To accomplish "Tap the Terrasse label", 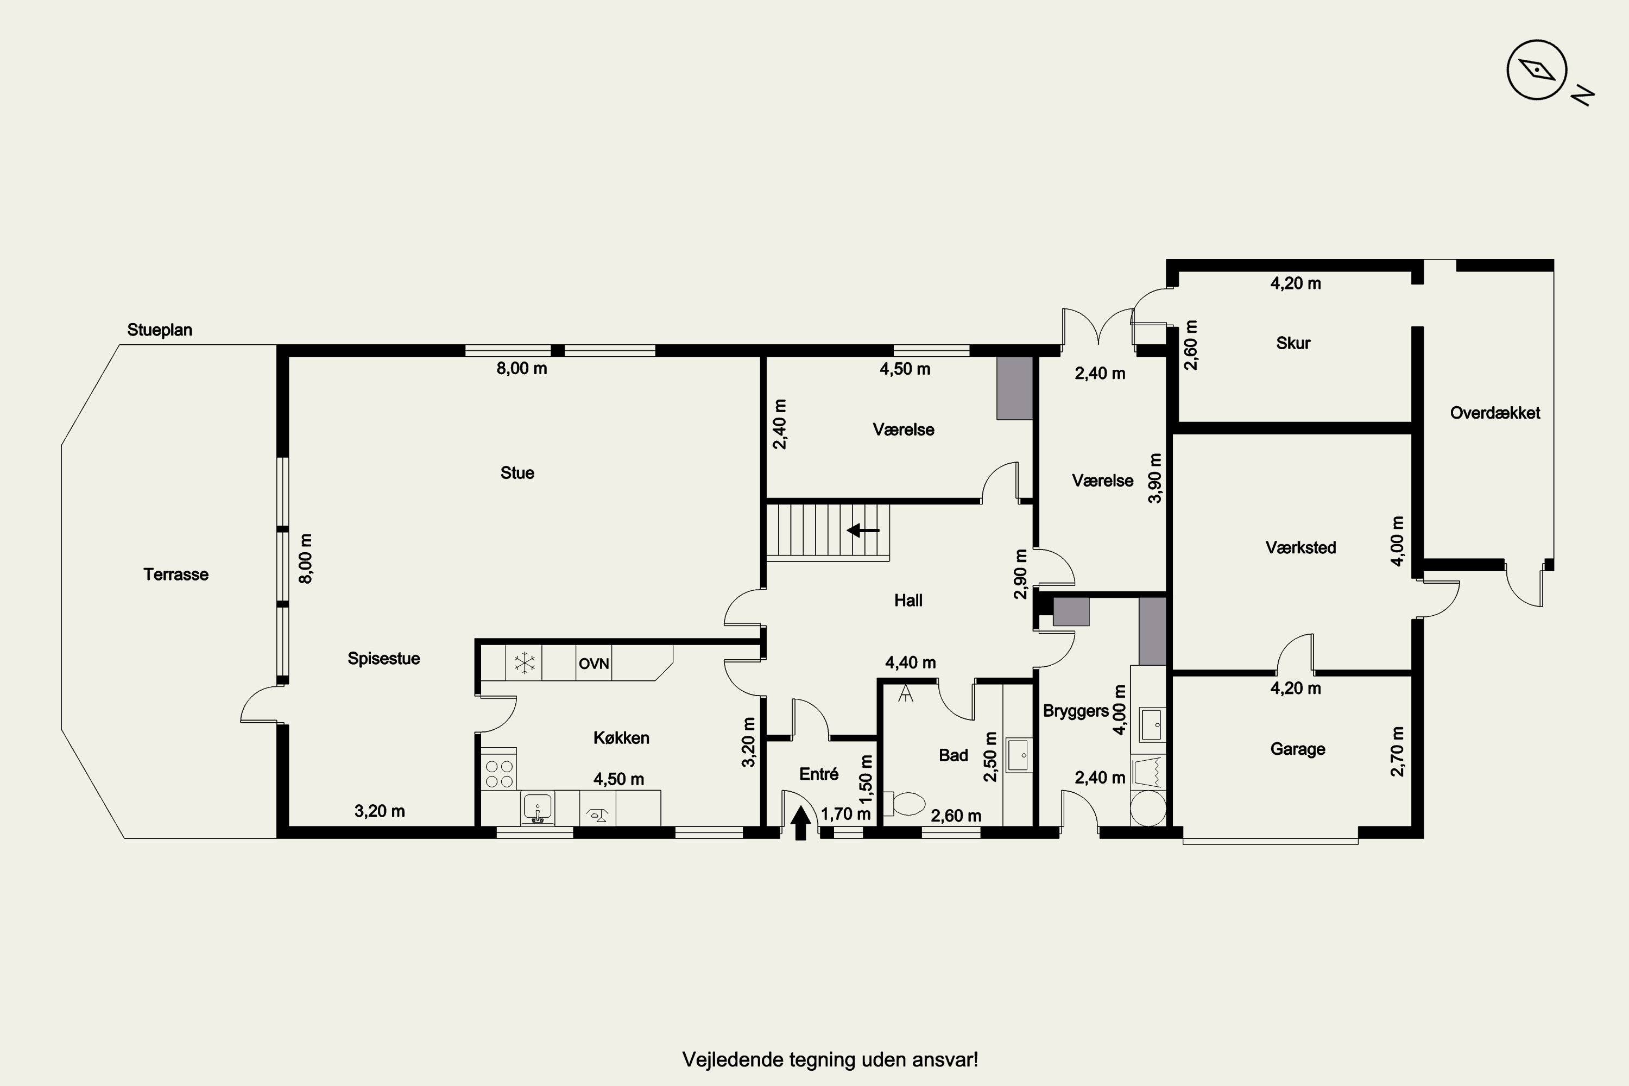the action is coord(176,574).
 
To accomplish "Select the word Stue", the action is coord(517,473).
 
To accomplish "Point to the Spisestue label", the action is coord(384,659).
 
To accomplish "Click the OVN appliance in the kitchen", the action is coord(593,664).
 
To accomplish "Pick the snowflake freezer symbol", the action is coord(525,663).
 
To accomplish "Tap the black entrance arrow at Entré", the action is coord(800,824).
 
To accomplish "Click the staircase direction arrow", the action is coord(863,531).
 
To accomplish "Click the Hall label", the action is coord(908,601).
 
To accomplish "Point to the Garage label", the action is coord(1297,749).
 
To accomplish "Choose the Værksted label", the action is coord(1300,548).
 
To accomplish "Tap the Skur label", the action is coord(1293,343).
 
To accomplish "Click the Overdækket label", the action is coord(1495,413).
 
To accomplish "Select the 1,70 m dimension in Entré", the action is coord(845,814).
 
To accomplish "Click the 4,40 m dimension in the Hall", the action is coord(911,663).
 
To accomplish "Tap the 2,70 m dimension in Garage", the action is coord(1397,752).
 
